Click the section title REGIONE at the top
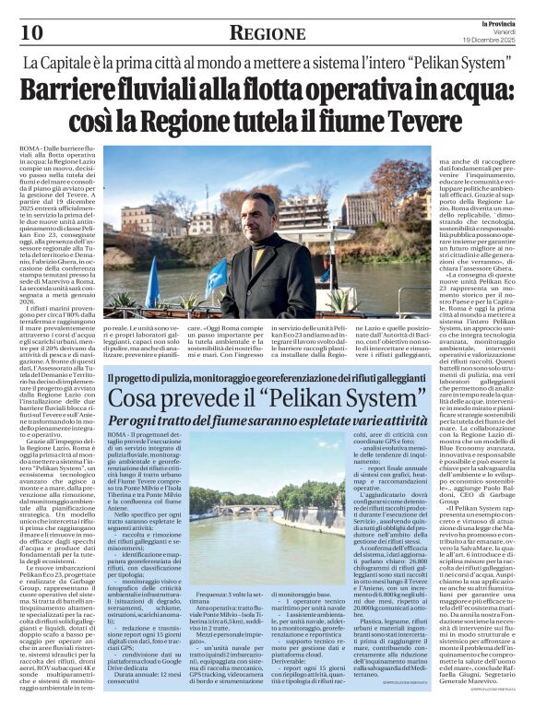[267, 33]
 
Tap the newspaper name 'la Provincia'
[497, 21]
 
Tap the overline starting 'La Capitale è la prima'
[267, 65]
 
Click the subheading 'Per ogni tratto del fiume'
[267, 422]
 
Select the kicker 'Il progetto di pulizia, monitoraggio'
[267, 378]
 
